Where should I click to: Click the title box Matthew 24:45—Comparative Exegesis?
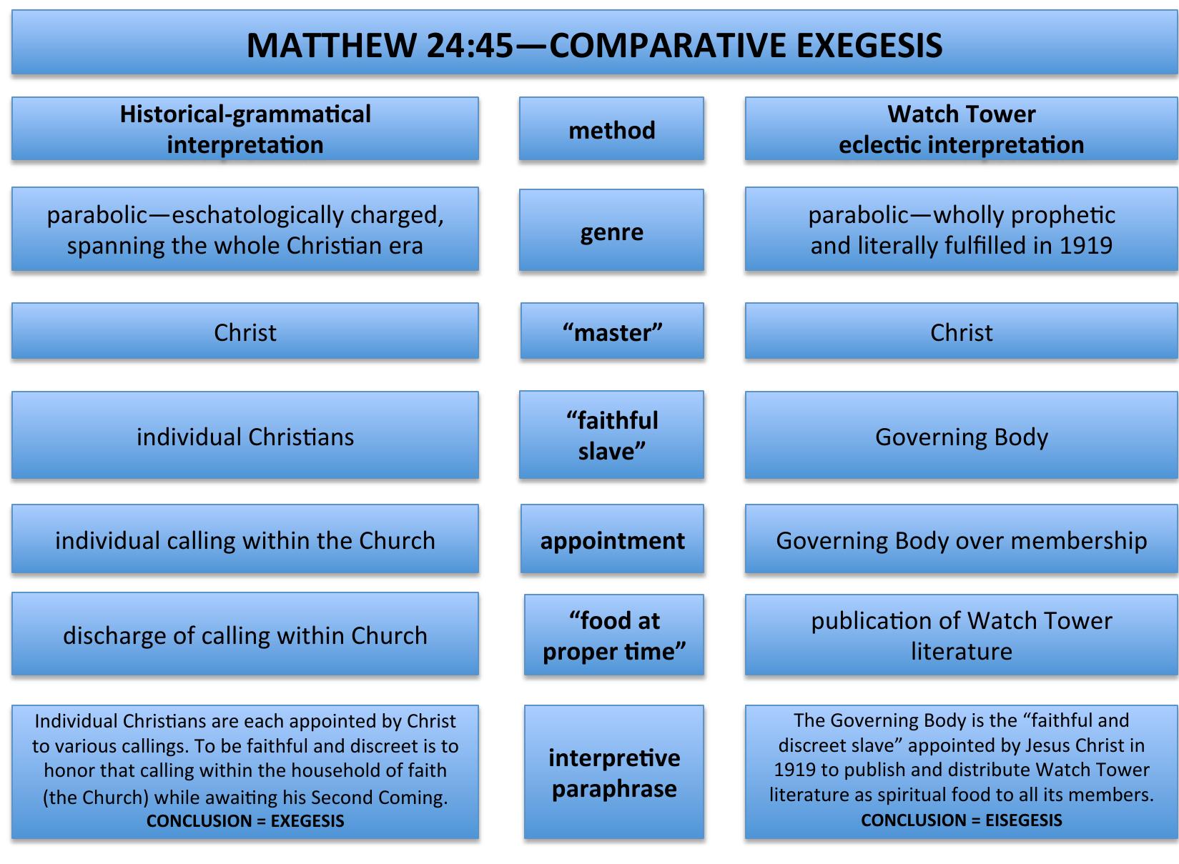point(595,42)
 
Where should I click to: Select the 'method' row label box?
point(611,129)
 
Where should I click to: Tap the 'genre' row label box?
point(611,230)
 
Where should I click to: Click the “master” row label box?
point(612,330)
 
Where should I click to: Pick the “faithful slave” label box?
point(611,435)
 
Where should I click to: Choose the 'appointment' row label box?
point(612,538)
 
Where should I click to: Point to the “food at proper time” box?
point(613,635)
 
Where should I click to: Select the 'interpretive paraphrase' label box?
point(613,772)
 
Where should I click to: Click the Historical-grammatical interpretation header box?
point(245,129)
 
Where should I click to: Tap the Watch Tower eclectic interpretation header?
point(961,129)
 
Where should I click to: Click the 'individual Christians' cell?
point(245,435)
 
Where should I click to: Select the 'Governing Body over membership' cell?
point(961,538)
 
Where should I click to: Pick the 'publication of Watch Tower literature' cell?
point(961,635)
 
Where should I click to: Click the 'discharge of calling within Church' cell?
point(245,634)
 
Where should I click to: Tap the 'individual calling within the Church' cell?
point(245,538)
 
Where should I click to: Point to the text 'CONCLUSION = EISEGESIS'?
point(961,820)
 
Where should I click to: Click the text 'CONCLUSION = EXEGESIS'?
point(245,821)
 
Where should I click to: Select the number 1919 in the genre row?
point(1086,246)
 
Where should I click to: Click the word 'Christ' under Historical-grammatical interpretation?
point(245,332)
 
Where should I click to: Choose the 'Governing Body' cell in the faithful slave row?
point(961,435)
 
